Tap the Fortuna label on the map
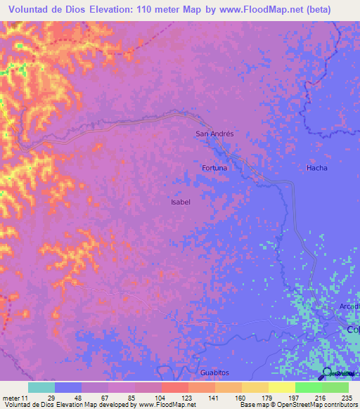[x=214, y=168]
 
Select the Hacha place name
[x=316, y=168]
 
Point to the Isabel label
[x=181, y=202]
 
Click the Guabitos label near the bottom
[x=214, y=372]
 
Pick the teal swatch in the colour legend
[x=41, y=387]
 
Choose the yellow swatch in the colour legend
[x=281, y=387]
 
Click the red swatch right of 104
[x=174, y=387]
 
